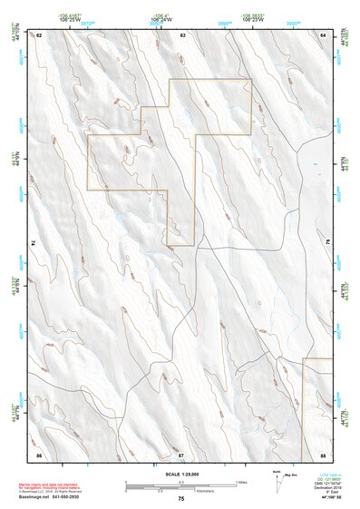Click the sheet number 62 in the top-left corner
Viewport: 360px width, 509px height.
[x=40, y=34]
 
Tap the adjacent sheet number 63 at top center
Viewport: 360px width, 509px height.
[x=182, y=34]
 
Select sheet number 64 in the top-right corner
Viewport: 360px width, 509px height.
[x=323, y=34]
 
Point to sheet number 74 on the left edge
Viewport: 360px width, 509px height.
[x=36, y=243]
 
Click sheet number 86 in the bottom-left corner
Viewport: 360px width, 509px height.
[x=39, y=453]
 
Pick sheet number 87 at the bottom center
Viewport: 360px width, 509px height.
[x=180, y=453]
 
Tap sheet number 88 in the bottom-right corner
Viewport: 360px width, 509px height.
[x=323, y=453]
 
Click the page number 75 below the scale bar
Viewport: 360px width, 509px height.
[x=181, y=499]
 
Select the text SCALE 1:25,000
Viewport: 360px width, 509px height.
[x=181, y=474]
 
